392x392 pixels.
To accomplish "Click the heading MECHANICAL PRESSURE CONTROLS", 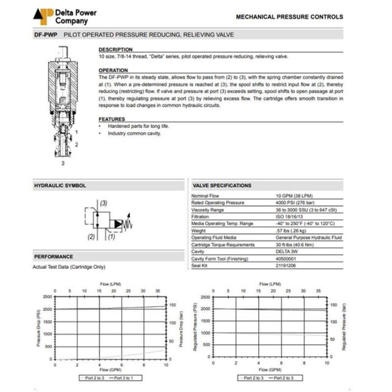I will [289, 17].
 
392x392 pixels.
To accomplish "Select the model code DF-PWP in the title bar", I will [46, 35].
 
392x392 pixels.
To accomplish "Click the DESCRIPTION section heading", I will [115, 49].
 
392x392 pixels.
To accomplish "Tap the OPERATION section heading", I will [113, 71].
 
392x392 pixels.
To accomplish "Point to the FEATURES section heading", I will [112, 119].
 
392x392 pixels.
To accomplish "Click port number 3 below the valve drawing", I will [63, 164].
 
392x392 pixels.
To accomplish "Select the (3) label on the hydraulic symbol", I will [104, 203].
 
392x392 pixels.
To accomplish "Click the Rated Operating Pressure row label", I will [218, 203].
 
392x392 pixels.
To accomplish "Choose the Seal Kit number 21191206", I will [287, 265].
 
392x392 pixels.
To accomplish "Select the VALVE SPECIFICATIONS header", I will [222, 185].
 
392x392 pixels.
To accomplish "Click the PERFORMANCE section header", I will [54, 256].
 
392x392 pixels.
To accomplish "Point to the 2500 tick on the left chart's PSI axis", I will [47, 297].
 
